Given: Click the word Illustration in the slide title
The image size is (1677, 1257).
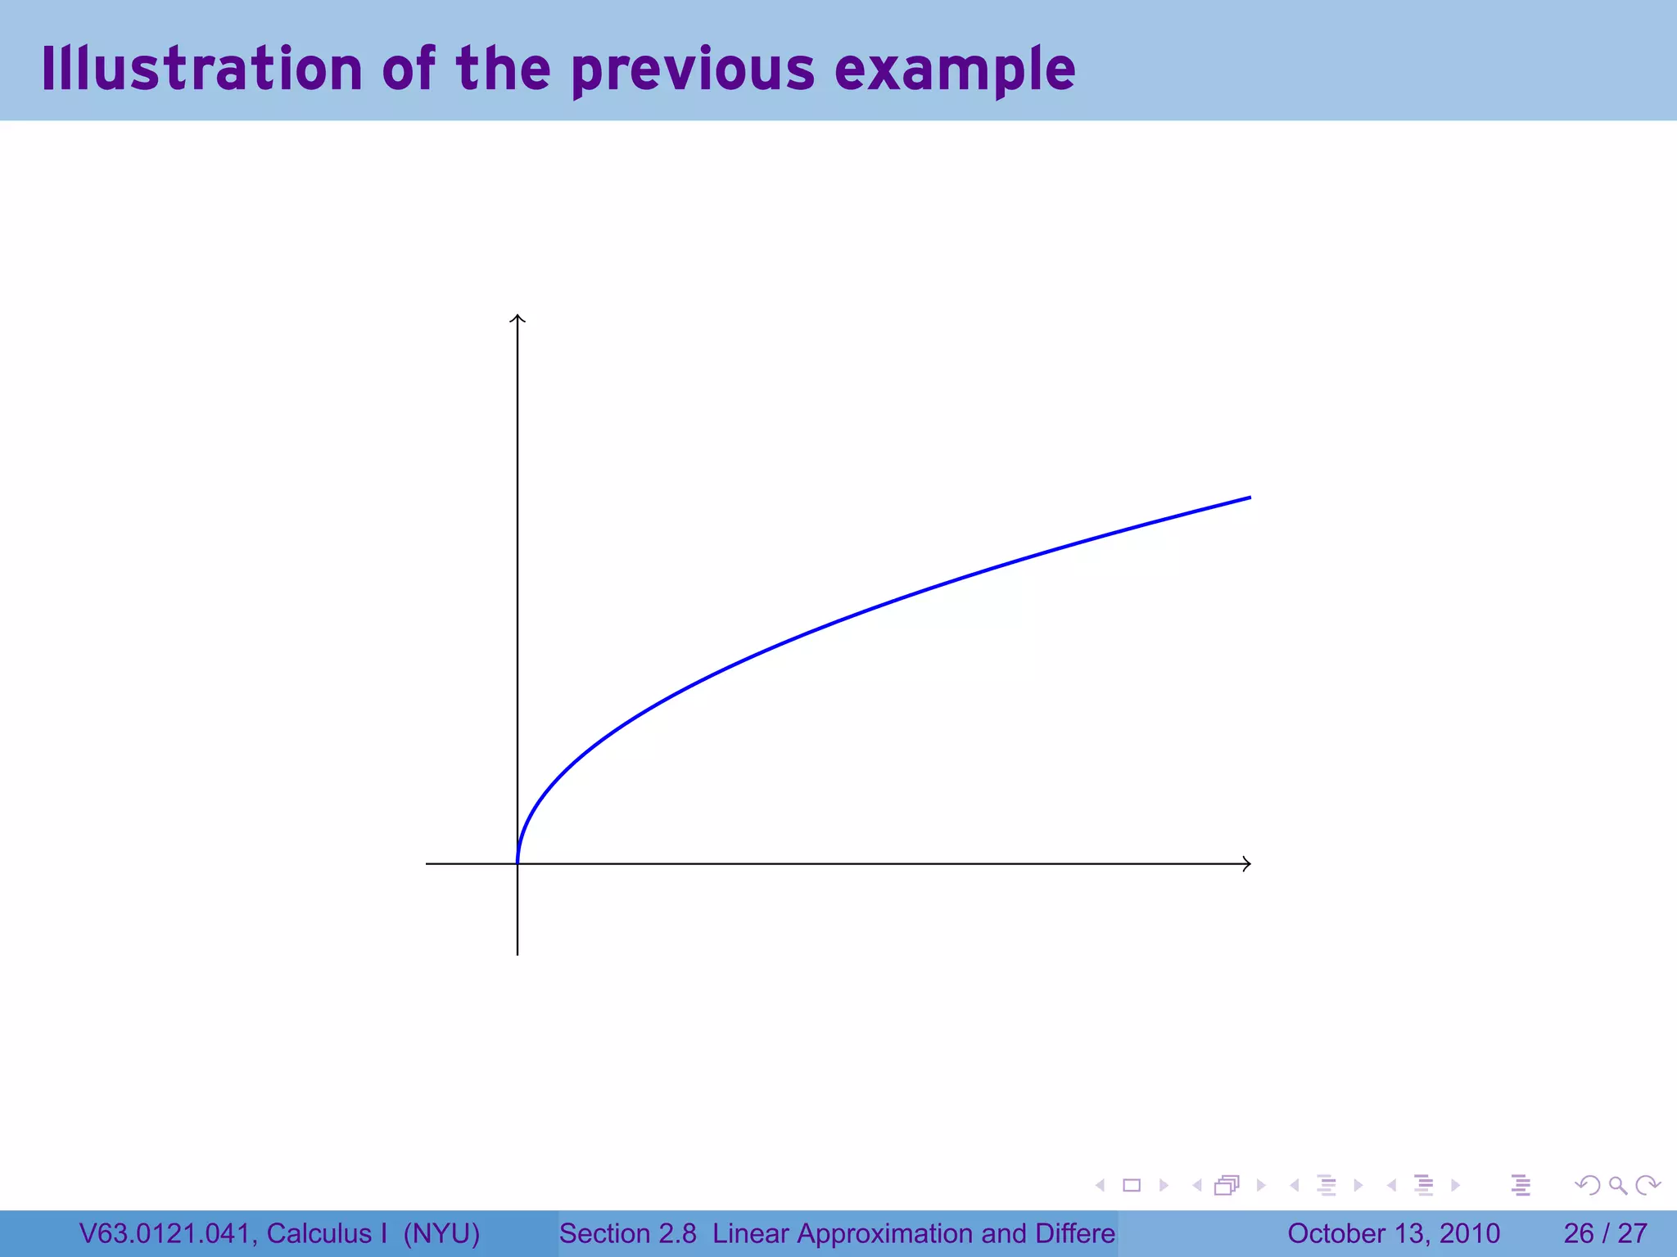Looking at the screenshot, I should tap(201, 69).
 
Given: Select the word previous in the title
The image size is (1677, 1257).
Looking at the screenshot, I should tap(693, 70).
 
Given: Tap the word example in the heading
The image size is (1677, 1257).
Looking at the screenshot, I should tap(955, 70).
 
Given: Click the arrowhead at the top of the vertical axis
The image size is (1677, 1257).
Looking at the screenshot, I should tap(518, 318).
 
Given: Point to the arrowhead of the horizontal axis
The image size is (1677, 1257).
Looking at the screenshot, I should tap(1246, 863).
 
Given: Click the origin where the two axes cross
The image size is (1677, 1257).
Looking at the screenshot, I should tap(518, 863).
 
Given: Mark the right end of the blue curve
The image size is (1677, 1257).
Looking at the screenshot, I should tap(1250, 498).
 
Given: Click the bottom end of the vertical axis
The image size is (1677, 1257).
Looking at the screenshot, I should tap(518, 953).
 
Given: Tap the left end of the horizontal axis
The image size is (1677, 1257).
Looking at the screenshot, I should tap(427, 863).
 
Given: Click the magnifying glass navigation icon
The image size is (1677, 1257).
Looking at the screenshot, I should tap(1617, 1185).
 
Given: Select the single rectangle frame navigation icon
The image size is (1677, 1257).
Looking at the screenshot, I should tap(1132, 1185).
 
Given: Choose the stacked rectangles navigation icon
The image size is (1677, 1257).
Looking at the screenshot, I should tap(1227, 1185).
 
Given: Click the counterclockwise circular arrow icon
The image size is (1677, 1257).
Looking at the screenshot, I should tap(1588, 1185).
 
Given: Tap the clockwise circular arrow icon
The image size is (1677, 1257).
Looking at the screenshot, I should tap(1647, 1185).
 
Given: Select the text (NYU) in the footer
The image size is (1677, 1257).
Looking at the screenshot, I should tap(441, 1233).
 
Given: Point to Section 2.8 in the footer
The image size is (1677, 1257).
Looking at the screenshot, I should tap(627, 1233).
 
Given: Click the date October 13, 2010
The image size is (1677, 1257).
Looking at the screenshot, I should tap(1394, 1233).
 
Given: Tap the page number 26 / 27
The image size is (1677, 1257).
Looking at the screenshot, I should tap(1605, 1233).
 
